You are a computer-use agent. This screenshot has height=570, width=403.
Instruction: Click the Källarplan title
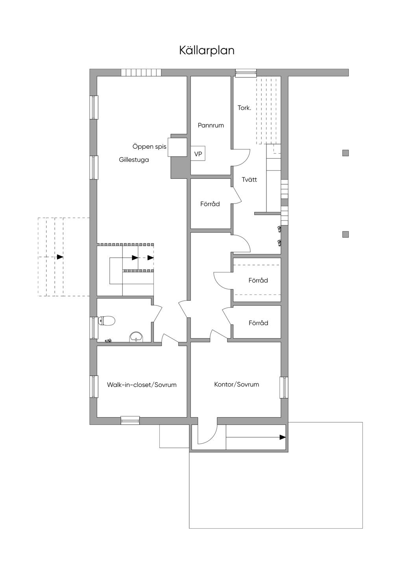pos(207,51)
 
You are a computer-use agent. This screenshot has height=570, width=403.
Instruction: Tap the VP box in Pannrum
pos(198,153)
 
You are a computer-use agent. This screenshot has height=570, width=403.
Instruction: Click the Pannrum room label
pos(211,125)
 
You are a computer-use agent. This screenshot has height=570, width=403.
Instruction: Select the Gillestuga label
pos(134,160)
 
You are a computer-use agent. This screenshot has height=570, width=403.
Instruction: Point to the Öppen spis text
pos(149,147)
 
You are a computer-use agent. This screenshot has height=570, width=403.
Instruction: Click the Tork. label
pos(244,108)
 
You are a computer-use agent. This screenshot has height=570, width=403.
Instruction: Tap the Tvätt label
pos(249,180)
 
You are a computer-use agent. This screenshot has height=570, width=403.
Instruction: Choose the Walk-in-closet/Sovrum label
pos(142,385)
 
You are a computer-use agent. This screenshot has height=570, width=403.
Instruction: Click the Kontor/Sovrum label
pos(237,384)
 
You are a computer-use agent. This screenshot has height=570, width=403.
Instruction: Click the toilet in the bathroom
pos(106,320)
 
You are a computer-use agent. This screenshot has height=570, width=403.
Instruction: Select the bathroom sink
pos(137,337)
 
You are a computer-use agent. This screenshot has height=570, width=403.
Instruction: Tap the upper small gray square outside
pos(345,153)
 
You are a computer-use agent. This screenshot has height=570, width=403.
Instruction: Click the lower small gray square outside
pos(345,234)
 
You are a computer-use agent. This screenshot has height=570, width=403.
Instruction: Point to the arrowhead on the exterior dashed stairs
pos(60,257)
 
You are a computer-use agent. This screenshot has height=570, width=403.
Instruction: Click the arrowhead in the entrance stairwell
pos(283,437)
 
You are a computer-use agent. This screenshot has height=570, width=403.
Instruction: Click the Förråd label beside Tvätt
pos(210,204)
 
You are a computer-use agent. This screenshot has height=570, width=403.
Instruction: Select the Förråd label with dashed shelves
pos(258,280)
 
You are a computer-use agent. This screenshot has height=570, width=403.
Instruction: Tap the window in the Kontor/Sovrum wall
pos(284,388)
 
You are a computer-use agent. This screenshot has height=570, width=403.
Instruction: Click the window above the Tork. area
pos(246,73)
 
